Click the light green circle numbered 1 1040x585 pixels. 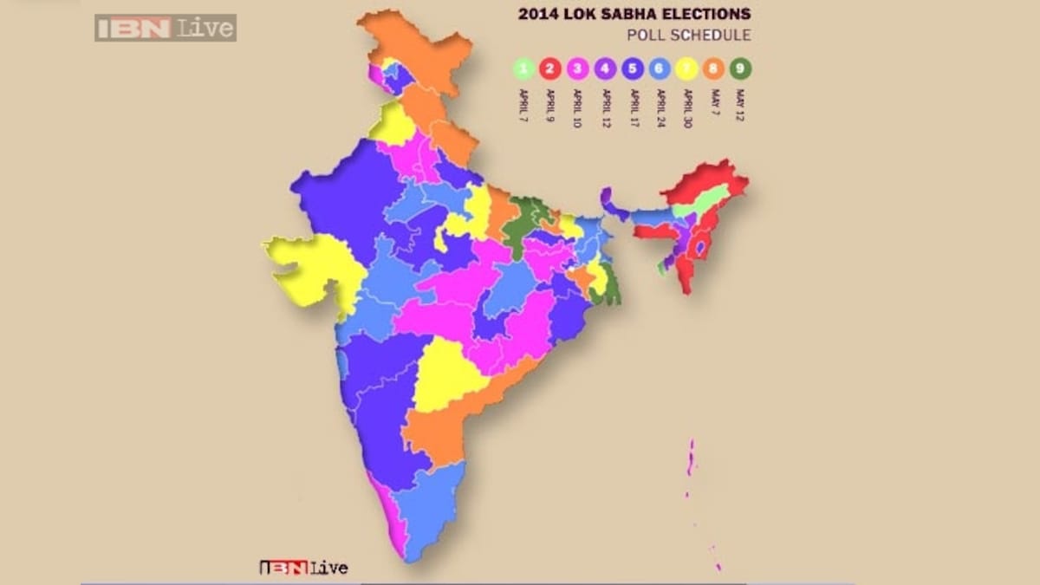(x=523, y=68)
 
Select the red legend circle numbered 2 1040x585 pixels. (x=549, y=68)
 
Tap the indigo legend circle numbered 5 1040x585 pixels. (x=631, y=68)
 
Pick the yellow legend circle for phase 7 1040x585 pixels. (x=686, y=68)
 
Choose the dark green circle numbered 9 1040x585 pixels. (x=740, y=68)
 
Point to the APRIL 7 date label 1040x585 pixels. (x=523, y=101)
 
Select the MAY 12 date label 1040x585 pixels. (x=740, y=101)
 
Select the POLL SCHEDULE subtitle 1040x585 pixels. (x=688, y=36)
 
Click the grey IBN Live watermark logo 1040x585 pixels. (x=165, y=28)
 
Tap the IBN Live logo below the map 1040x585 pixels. (x=304, y=569)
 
